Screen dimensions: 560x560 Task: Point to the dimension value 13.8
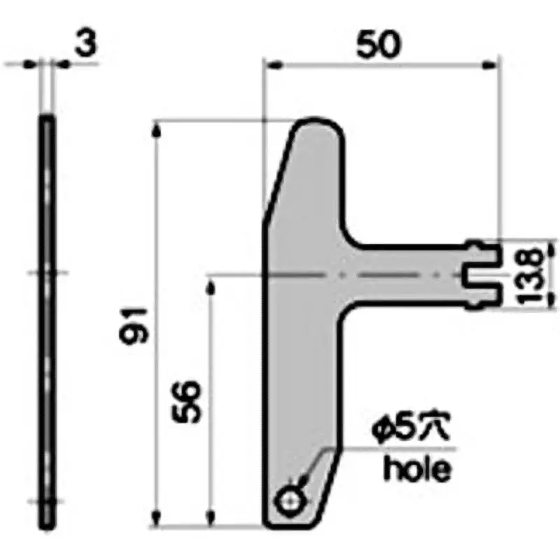tap(533, 274)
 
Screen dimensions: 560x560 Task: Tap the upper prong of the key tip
tap(484, 253)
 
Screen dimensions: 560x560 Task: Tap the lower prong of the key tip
tap(484, 296)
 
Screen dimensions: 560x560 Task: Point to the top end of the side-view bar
tap(46, 120)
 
